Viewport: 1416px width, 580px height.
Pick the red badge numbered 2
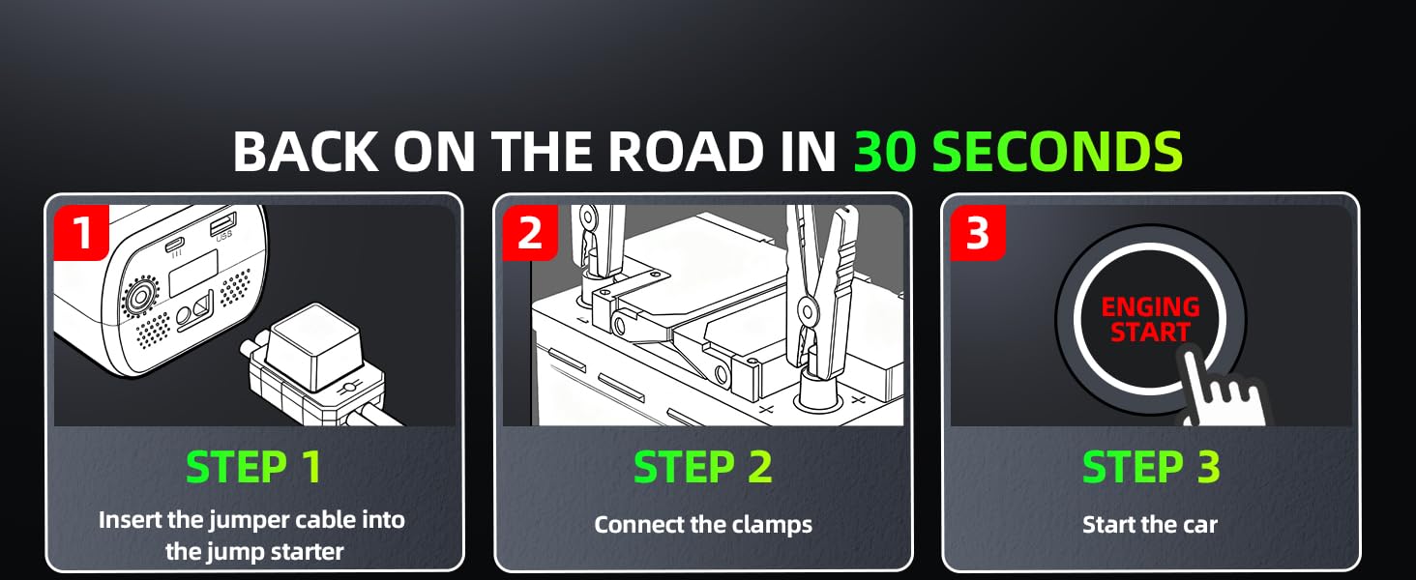530,233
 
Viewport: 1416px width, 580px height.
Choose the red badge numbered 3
978,233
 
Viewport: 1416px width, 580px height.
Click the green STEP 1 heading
254,467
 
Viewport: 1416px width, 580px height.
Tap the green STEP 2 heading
703,467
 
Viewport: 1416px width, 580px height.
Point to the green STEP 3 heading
1151,467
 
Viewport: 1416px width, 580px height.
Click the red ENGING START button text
1150,320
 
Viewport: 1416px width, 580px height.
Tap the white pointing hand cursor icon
1221,391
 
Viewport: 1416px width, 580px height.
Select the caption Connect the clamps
703,525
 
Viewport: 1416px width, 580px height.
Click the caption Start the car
1150,525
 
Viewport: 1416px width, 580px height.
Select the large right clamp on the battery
820,290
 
